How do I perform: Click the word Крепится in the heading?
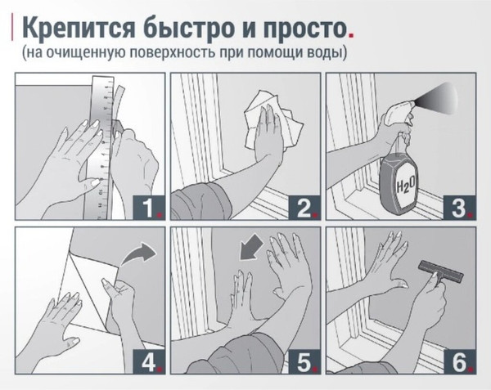point(79,27)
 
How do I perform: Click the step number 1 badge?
point(149,208)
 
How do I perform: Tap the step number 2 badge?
point(304,208)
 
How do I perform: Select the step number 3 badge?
point(460,208)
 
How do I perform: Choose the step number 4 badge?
point(149,361)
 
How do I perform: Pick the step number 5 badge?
point(304,361)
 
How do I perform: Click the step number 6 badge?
point(460,361)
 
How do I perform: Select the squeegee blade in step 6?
point(441,271)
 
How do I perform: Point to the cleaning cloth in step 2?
point(273,122)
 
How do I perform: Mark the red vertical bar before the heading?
point(12,27)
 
